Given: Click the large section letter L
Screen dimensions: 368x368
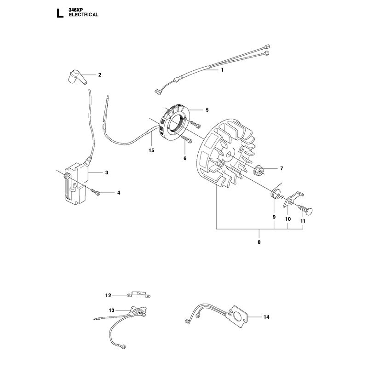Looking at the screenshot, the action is point(60,13).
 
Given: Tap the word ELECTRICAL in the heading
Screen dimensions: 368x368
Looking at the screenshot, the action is point(84,15).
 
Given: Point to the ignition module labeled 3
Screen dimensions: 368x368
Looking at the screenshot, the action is point(77,183).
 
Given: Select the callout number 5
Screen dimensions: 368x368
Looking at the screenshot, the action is point(207,110).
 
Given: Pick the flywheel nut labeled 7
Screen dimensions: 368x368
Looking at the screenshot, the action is point(259,170).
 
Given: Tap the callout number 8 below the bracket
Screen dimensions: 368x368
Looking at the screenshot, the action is point(259,242).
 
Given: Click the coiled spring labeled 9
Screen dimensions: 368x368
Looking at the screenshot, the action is point(275,194).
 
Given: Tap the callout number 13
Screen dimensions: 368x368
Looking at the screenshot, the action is point(111,310).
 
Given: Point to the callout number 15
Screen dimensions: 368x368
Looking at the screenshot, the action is point(151,150).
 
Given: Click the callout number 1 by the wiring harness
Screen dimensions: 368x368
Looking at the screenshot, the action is point(223,70).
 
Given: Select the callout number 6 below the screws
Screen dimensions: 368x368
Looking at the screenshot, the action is point(185,159).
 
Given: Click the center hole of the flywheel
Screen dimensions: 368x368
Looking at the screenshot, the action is point(228,155).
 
